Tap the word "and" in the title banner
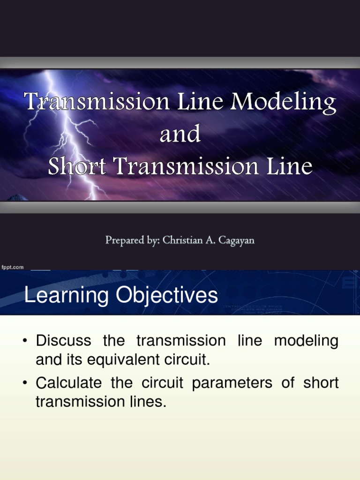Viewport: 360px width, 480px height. pyautogui.click(x=180, y=135)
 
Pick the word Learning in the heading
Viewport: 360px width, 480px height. pyautogui.click(x=56, y=296)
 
